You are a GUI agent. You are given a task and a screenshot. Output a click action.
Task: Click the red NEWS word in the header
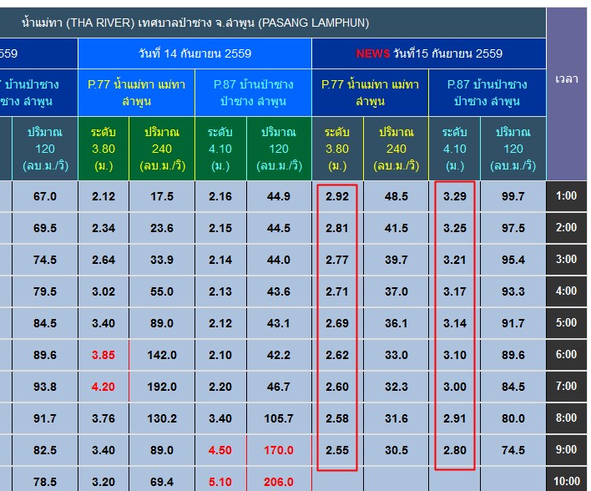[x=372, y=53]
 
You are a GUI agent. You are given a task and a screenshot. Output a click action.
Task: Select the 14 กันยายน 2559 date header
[x=194, y=53]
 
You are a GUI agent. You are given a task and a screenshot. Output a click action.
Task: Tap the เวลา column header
[x=567, y=78]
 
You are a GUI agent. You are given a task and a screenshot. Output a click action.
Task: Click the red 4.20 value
[x=104, y=387]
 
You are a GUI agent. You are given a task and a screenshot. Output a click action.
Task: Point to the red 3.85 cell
[x=104, y=355]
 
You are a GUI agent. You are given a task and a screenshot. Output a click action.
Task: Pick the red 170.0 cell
[x=279, y=450]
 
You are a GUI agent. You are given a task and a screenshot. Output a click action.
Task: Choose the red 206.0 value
[x=279, y=482]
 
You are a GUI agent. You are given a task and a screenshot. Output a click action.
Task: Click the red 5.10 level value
[x=220, y=482]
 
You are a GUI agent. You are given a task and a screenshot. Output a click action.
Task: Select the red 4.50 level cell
[x=220, y=450]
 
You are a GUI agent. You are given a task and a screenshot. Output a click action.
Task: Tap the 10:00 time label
[x=566, y=482]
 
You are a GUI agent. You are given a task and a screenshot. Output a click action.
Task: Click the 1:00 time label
[x=566, y=196]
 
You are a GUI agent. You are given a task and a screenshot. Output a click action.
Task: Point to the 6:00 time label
[x=566, y=355]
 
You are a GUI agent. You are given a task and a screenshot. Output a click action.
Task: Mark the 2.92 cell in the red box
[x=337, y=196]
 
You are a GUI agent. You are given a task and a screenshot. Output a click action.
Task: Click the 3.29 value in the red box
[x=455, y=196]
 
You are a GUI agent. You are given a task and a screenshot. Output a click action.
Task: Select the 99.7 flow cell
[x=513, y=196]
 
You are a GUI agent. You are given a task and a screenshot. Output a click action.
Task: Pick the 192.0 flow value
[x=162, y=387]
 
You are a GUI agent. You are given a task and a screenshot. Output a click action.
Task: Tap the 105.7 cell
[x=279, y=418]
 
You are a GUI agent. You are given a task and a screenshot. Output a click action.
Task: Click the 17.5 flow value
[x=162, y=196]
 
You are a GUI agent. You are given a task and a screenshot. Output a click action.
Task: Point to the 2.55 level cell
[x=337, y=450]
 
